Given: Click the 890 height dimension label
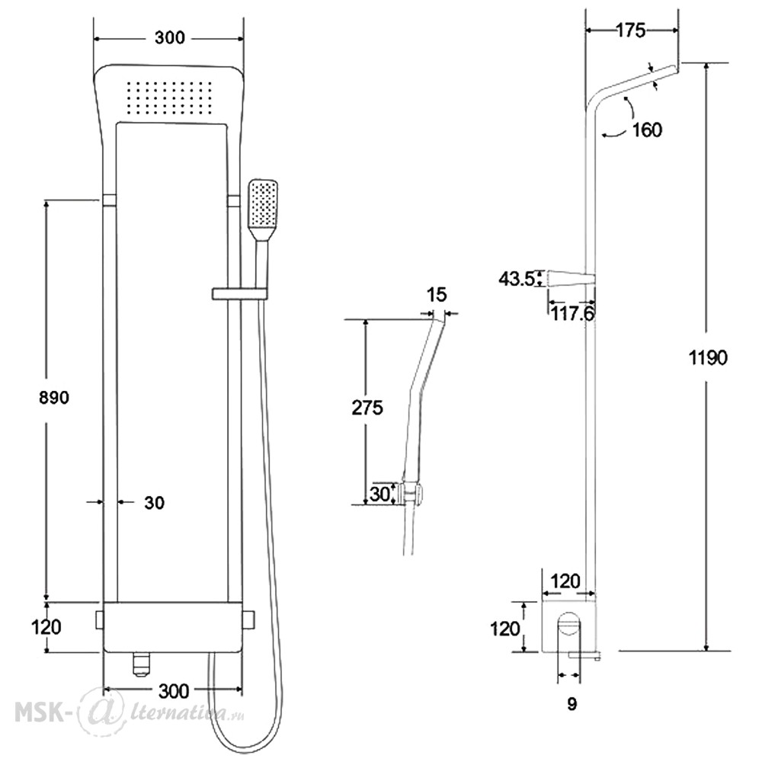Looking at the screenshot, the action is (x=54, y=398).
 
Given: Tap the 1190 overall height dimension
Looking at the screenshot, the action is (x=708, y=357).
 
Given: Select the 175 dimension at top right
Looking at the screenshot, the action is (x=631, y=30).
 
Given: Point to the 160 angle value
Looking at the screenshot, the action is (x=647, y=130).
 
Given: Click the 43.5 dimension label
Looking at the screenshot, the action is (x=517, y=279).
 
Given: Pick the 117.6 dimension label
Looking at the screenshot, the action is (x=572, y=314).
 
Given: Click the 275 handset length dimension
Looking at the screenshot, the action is (x=367, y=407).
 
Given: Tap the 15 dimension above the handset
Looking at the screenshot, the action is (x=436, y=294).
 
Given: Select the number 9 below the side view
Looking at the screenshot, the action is (x=572, y=703).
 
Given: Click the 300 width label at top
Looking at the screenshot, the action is (x=170, y=37).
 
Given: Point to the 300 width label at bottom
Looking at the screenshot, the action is (x=174, y=690).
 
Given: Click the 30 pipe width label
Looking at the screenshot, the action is (x=154, y=502).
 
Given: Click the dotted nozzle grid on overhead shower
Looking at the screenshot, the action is (x=169, y=98).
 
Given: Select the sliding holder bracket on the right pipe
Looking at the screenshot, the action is (x=239, y=293).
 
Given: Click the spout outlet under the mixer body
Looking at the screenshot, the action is (x=141, y=664).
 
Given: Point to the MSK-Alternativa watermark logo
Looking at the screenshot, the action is (x=130, y=713).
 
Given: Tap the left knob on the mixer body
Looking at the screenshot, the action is (x=101, y=620).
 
